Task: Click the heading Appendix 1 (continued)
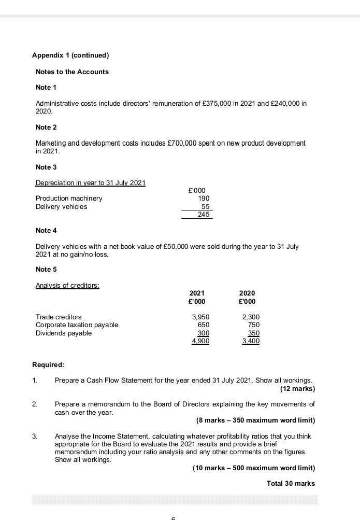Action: click(70, 55)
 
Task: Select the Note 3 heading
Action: click(46, 167)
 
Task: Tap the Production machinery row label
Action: click(69, 198)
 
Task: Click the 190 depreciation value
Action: click(204, 198)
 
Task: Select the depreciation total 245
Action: click(204, 215)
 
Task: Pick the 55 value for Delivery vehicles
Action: click(205, 206)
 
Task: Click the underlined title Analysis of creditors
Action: click(67, 285)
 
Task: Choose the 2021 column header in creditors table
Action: click(197, 293)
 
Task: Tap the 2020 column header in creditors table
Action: click(247, 293)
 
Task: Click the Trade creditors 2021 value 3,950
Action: click(200, 317)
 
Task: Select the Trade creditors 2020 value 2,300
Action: click(251, 317)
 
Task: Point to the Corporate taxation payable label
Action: click(77, 325)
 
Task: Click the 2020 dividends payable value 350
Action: click(253, 333)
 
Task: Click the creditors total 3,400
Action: click(251, 341)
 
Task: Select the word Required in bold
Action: click(48, 364)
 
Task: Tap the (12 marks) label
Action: click(297, 388)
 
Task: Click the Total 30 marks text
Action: click(291, 483)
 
